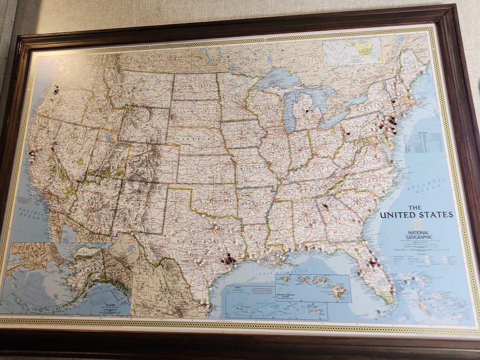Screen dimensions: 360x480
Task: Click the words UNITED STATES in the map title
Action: [416, 215]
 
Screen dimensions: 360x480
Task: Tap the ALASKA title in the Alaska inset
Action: [111, 304]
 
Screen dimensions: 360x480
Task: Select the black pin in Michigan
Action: [307, 111]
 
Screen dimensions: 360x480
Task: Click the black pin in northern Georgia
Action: [325, 206]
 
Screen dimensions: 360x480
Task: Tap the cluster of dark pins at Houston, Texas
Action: [228, 259]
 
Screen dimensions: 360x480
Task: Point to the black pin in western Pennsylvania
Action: [348, 133]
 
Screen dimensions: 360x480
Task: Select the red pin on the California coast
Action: [32, 152]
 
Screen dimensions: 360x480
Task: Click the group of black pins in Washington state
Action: [56, 90]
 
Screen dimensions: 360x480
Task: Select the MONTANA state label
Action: [141, 86]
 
